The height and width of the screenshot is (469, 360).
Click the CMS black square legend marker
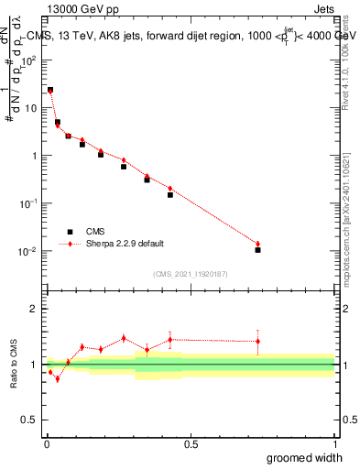tap(69, 232)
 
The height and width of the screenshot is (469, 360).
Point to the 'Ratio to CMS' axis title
tap(16, 365)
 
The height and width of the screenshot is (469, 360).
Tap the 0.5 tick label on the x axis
tap(191, 444)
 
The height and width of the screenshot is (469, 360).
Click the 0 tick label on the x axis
tap(46, 444)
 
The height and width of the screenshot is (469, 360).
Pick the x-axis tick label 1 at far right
tap(334, 444)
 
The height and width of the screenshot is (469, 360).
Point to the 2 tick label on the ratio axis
tap(34, 310)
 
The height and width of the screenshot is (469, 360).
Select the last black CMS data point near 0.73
tap(257, 249)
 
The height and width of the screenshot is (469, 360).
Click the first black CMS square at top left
tap(50, 90)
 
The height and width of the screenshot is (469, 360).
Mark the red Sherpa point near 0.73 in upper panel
tap(257, 244)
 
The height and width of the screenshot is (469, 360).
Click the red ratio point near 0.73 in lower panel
tap(257, 341)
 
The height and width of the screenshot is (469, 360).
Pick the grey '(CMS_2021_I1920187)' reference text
tap(190, 272)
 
